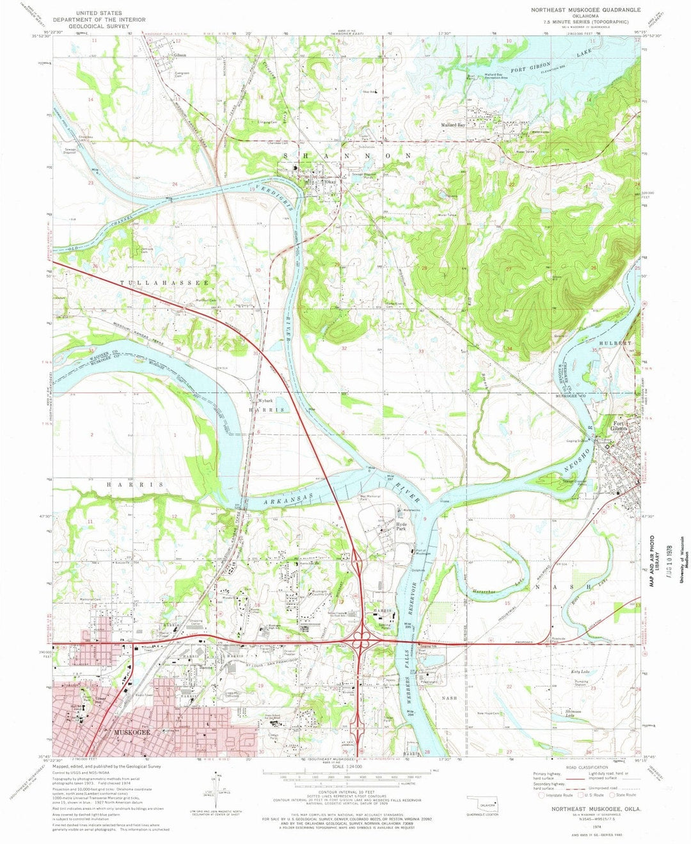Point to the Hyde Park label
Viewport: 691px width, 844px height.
(x=401, y=527)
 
